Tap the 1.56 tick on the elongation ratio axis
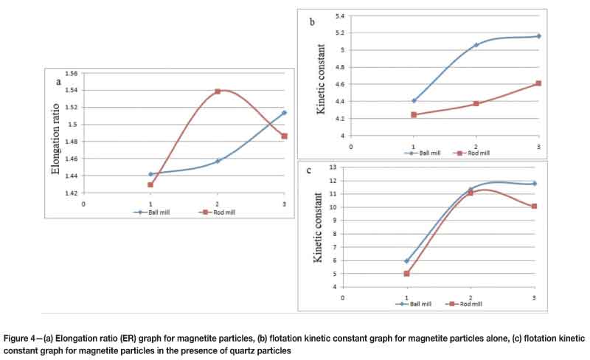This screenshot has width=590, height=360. (x=70, y=74)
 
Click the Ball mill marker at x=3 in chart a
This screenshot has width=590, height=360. (x=284, y=113)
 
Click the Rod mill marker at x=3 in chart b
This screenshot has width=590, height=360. (x=538, y=83)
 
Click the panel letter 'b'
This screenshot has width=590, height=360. (x=312, y=23)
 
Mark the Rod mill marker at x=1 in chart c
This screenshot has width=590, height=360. (x=406, y=274)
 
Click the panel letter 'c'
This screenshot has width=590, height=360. (x=309, y=171)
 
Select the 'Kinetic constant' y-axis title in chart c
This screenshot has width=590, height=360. (x=318, y=229)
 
